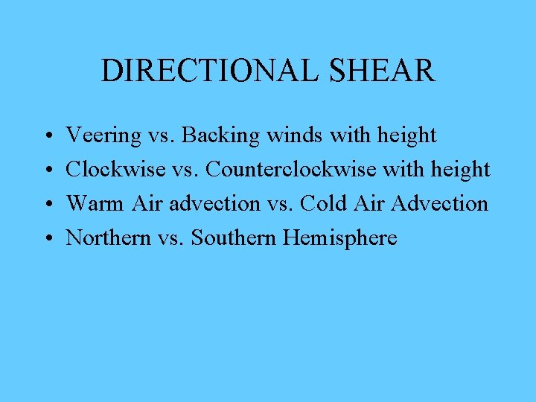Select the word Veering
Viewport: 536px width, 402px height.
(x=103, y=135)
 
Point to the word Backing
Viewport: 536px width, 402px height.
(x=217, y=135)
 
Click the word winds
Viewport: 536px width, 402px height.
(x=281, y=135)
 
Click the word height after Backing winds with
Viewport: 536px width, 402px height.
(x=407, y=135)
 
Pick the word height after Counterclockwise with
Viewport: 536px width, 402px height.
(x=461, y=170)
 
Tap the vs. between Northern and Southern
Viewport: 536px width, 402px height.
(x=170, y=237)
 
